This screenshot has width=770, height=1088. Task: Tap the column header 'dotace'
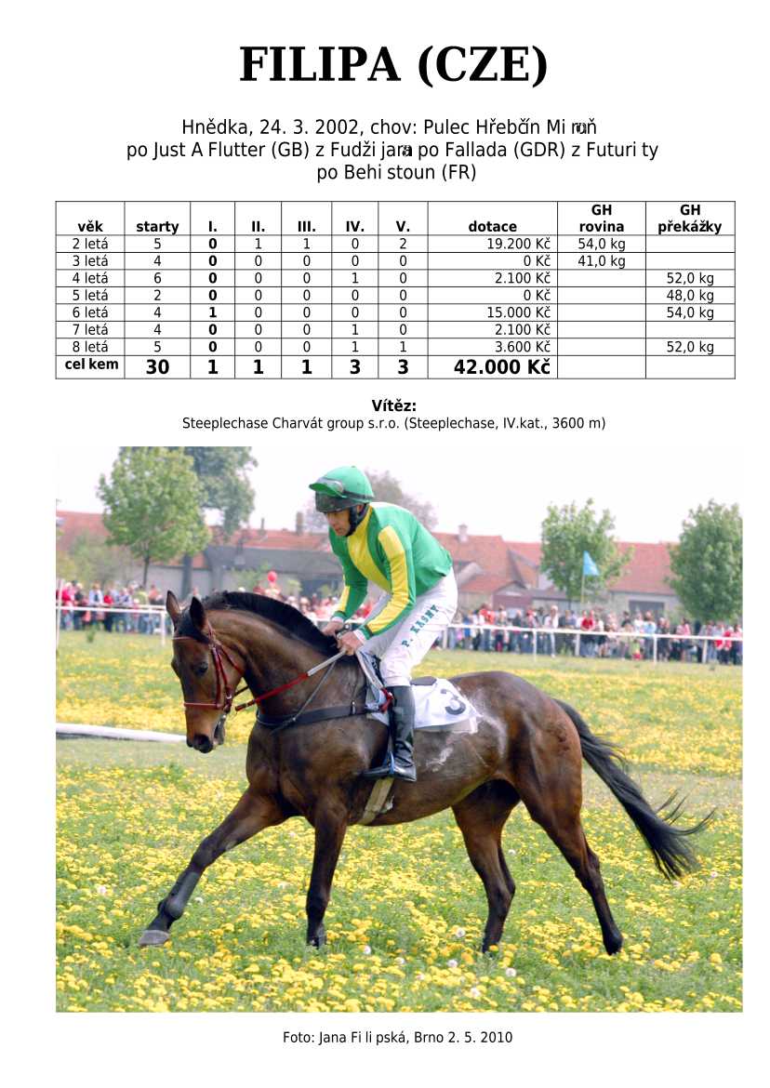(492, 227)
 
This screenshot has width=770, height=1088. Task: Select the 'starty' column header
(157, 227)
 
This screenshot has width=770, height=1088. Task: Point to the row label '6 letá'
(90, 312)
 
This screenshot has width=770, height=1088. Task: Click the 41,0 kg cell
(601, 261)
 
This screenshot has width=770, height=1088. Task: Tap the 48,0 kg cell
(690, 296)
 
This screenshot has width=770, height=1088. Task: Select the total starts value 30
(157, 367)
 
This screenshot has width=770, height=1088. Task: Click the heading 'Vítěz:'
(393, 405)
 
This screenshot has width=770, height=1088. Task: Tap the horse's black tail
(642, 800)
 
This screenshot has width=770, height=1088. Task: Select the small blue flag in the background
(590, 564)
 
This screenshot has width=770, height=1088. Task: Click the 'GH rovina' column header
(601, 219)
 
